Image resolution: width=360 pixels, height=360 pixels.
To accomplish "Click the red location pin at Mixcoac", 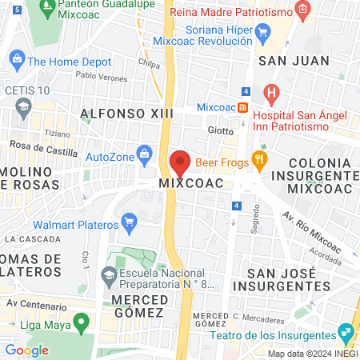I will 180,162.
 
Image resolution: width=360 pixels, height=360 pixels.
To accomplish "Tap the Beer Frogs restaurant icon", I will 258,160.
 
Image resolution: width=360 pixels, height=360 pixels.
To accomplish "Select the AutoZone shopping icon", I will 144,152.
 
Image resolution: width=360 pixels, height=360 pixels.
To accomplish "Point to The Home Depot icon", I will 16,60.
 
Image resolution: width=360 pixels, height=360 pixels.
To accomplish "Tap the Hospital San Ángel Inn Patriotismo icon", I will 271,92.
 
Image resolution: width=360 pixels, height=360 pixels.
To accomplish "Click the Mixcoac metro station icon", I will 242,106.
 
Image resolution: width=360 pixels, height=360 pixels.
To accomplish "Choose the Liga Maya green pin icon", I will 80,322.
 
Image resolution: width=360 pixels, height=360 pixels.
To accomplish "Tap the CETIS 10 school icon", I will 24,105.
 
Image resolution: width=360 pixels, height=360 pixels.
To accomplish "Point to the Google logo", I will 26,350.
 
